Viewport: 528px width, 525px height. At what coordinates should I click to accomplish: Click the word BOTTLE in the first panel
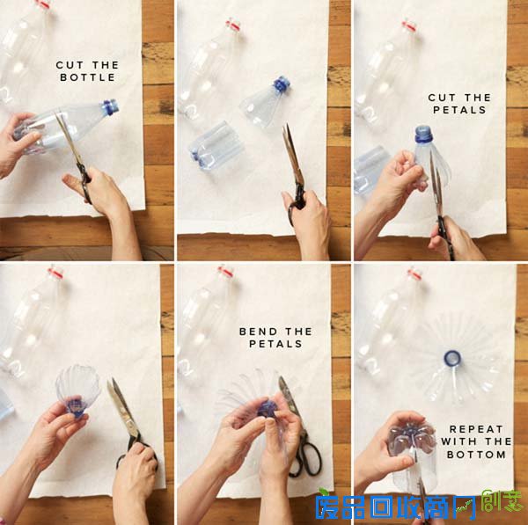point(87,77)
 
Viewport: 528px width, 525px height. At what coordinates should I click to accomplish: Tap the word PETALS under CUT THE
point(459,110)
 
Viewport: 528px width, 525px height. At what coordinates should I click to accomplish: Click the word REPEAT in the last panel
point(476,429)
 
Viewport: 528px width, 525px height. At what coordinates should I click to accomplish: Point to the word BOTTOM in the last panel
point(476,455)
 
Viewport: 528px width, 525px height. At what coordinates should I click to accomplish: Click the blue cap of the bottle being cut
point(111,106)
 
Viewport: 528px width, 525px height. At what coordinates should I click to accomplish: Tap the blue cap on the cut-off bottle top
point(282,84)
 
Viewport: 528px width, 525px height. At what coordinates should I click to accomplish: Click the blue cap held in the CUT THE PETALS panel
point(423,134)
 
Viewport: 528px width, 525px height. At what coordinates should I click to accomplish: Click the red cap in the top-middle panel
point(232,26)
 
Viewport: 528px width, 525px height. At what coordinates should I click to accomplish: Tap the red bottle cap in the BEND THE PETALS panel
point(225,271)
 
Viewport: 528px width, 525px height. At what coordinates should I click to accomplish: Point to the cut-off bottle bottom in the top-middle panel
point(216,146)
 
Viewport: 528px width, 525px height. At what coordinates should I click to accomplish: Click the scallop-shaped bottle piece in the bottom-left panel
point(78,390)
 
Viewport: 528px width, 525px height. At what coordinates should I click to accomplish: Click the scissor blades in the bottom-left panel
point(122,407)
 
